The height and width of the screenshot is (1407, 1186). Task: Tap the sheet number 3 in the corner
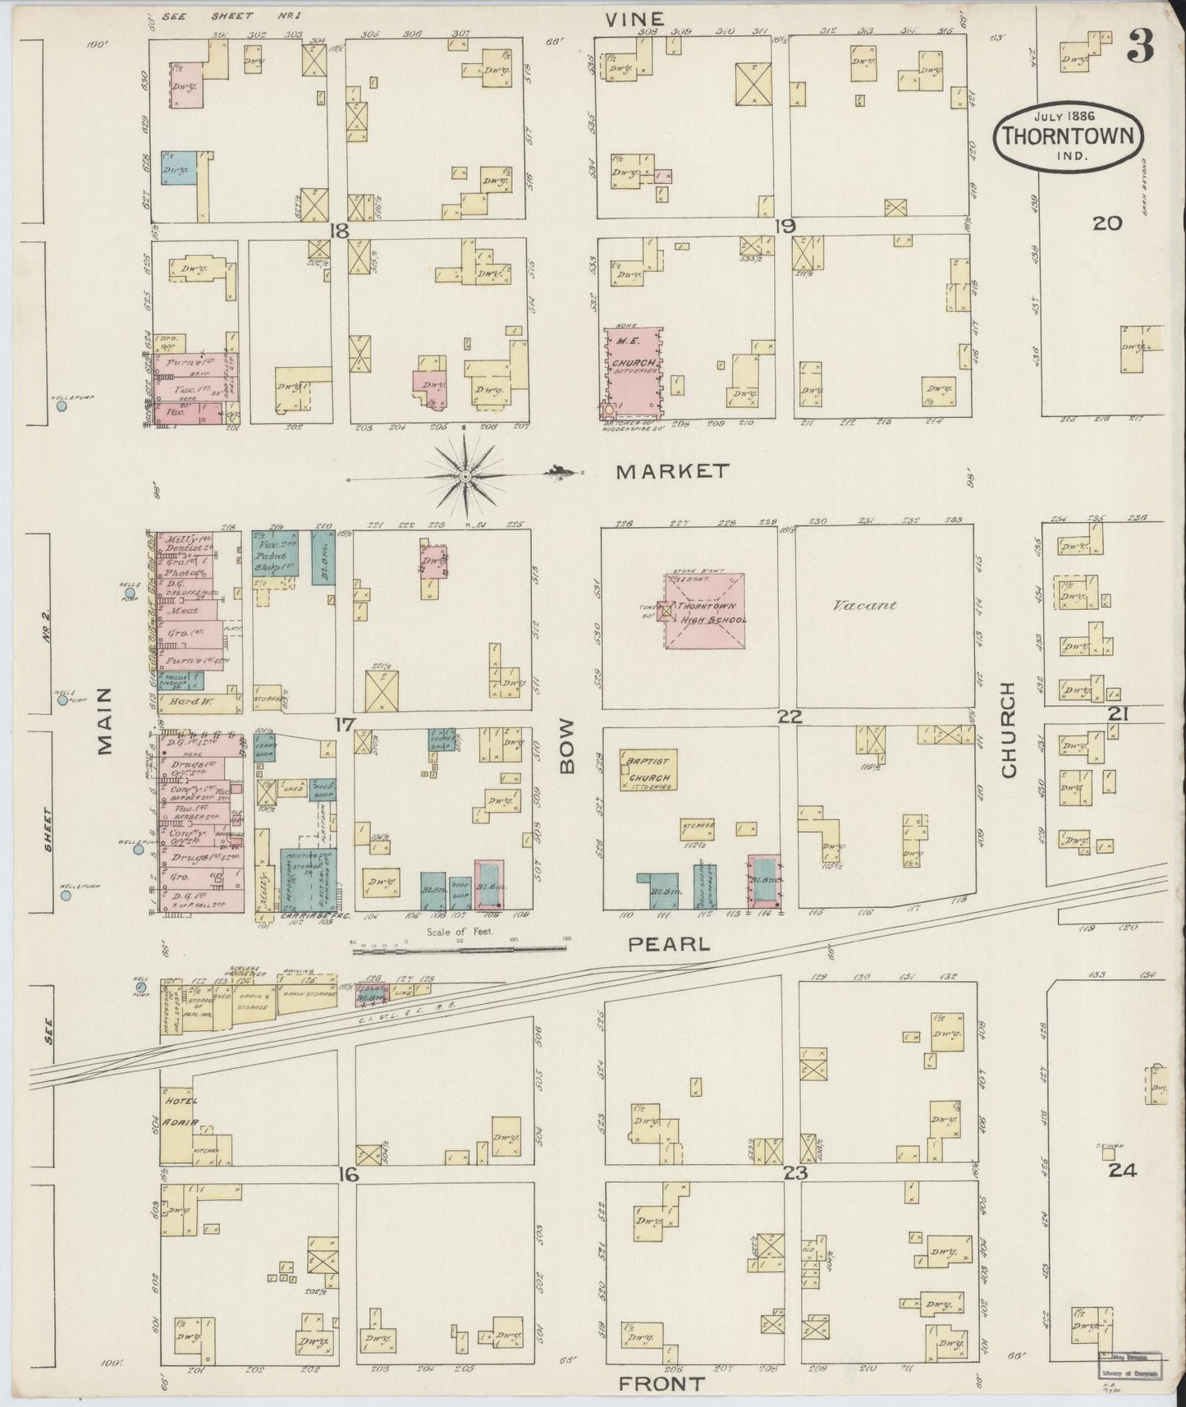tap(1139, 47)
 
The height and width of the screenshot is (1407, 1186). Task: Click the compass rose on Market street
tap(465, 475)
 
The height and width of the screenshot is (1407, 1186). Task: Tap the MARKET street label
tap(673, 471)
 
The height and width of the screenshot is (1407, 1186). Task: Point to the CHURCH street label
tap(1008, 730)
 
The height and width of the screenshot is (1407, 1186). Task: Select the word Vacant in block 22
tap(864, 606)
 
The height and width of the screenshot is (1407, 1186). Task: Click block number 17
tap(344, 724)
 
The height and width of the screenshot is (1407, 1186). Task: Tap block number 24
tap(1122, 1171)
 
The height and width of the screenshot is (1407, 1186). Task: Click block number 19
tap(784, 226)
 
